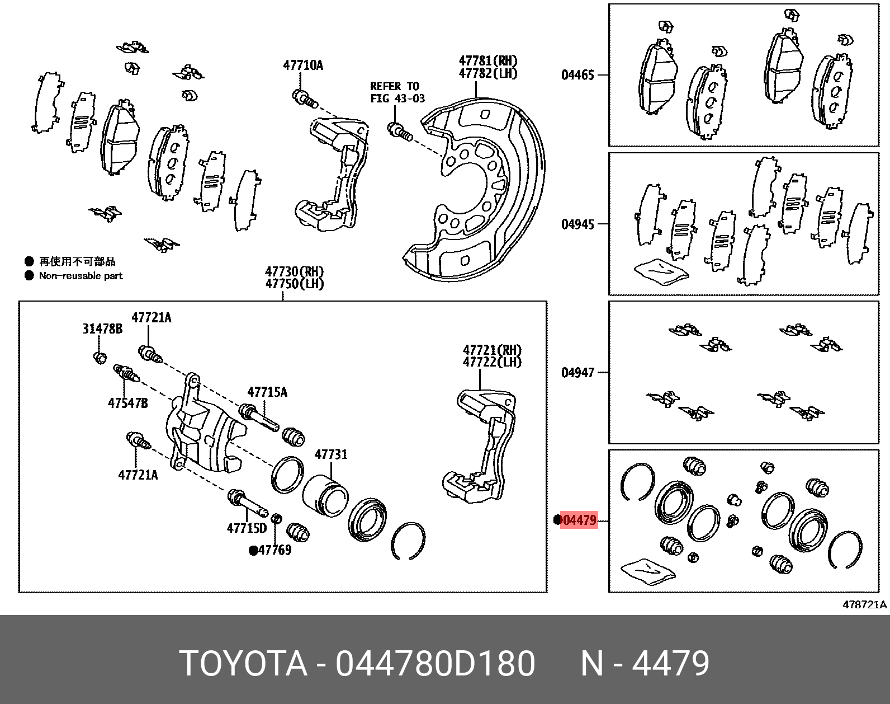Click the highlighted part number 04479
click(x=578, y=520)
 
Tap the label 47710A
click(x=303, y=65)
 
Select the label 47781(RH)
click(x=487, y=60)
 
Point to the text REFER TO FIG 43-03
click(x=397, y=92)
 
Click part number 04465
click(x=577, y=74)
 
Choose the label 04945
click(x=577, y=224)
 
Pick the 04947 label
click(x=577, y=372)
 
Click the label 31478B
click(x=102, y=328)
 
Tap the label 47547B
click(x=128, y=402)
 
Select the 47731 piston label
click(x=331, y=454)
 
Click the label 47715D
click(x=247, y=528)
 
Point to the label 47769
click(x=275, y=550)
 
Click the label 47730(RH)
click(x=294, y=271)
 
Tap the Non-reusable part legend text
click(x=81, y=275)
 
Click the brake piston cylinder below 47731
click(x=325, y=495)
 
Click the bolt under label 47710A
click(x=305, y=99)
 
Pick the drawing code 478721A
click(x=864, y=604)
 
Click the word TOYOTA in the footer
click(x=243, y=664)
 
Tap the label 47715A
click(x=267, y=392)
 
